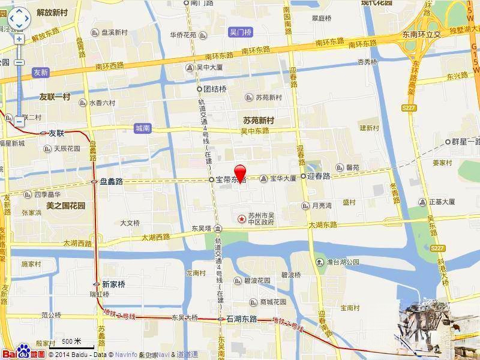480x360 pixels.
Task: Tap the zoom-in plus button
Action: tap(19, 39)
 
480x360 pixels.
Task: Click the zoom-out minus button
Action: tap(19, 121)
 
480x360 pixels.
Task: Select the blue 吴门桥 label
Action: tap(241, 31)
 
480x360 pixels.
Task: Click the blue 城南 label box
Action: tap(143, 128)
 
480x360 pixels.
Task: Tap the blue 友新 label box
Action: tap(41, 72)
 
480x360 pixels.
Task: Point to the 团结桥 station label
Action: tap(214, 89)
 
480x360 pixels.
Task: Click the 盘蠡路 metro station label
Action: tap(111, 181)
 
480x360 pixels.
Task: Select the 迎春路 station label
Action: tap(318, 176)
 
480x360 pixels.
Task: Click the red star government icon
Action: tap(242, 218)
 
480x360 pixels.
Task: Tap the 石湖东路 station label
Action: tap(241, 319)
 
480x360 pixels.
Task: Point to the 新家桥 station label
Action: tap(113, 284)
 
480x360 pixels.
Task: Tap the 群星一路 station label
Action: tap(466, 142)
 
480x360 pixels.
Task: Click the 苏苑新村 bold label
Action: tap(258, 120)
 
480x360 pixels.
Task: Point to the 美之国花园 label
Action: tap(66, 205)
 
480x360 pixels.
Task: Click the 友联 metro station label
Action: tap(56, 133)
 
